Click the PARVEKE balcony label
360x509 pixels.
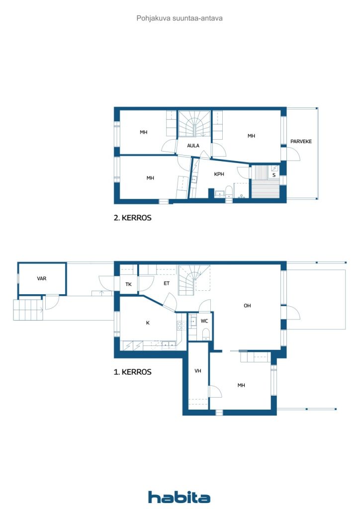(301, 142)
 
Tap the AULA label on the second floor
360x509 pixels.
(193, 146)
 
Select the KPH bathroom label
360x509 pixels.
(219, 174)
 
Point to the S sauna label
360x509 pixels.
(274, 175)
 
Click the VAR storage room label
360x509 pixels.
(42, 278)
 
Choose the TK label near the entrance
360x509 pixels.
(129, 284)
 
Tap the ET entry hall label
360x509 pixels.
(167, 283)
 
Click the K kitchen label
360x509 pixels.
(148, 323)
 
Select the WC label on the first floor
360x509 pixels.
(204, 321)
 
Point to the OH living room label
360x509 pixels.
(247, 306)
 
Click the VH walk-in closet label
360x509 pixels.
(198, 371)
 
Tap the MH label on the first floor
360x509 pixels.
(241, 385)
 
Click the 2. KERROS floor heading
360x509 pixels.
(132, 218)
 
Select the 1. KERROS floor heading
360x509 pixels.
(132, 372)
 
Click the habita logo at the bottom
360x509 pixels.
(179, 497)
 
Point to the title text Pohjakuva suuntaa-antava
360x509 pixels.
(180, 18)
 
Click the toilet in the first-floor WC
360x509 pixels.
(206, 334)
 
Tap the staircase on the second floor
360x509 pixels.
(194, 124)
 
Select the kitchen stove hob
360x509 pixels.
(181, 326)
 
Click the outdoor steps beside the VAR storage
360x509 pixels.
(28, 310)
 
